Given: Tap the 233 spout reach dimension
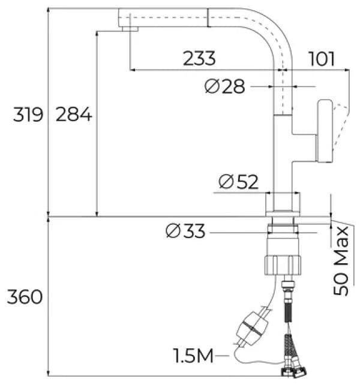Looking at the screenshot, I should (x=199, y=59).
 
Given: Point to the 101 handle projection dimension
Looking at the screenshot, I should (x=321, y=59).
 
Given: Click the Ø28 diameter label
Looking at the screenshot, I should (x=224, y=87).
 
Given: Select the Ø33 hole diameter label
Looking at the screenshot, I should (x=184, y=230).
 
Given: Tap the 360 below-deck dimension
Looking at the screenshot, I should (x=25, y=296).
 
